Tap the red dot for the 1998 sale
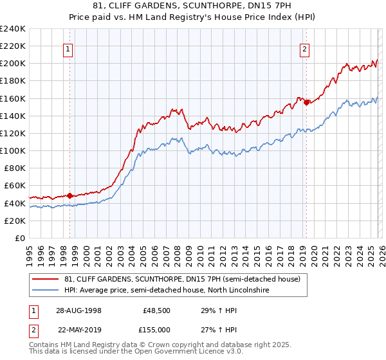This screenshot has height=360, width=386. point(70,195)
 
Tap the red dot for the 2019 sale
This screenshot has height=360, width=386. point(306,102)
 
